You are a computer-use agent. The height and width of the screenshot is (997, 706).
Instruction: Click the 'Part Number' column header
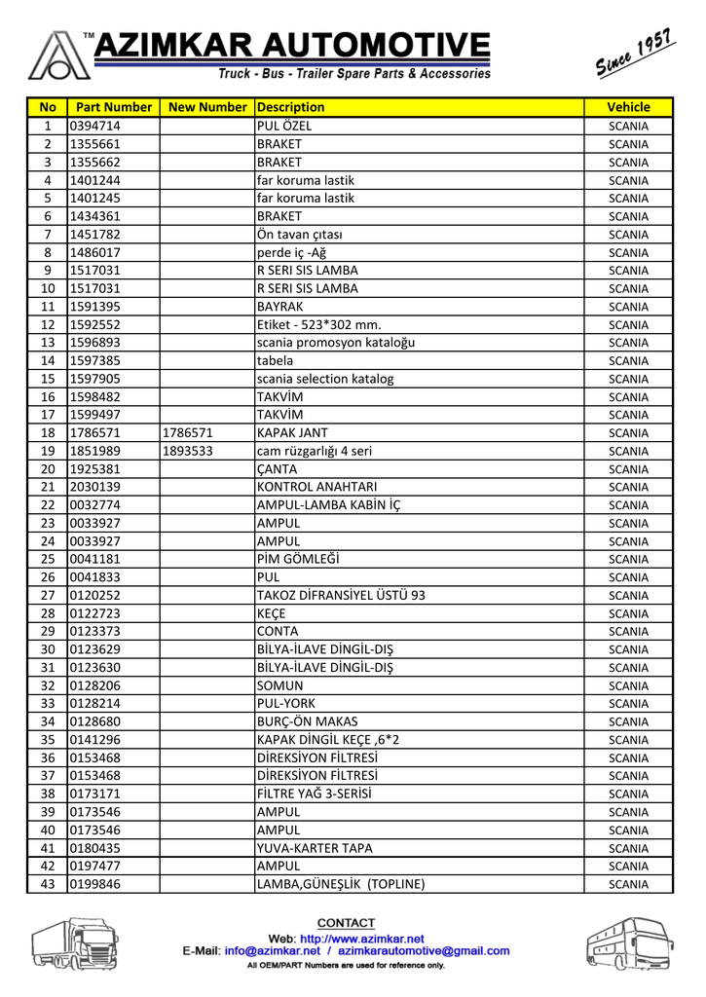113,107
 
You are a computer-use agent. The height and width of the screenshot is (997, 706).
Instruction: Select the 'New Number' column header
206,107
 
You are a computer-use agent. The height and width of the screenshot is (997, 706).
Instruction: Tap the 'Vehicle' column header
627,107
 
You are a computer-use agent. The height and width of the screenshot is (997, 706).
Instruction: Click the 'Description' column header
291,107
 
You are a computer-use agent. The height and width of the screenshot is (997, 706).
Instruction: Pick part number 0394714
94,126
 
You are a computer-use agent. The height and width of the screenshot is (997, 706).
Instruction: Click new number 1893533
188,451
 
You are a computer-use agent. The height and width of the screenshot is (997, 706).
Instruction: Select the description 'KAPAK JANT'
292,432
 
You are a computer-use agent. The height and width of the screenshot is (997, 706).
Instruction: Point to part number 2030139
94,487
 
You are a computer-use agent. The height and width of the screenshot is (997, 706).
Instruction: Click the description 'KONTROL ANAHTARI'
316,487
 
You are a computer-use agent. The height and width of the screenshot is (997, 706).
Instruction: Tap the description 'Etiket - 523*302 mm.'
318,324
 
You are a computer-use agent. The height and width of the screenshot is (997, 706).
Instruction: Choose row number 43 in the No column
47,884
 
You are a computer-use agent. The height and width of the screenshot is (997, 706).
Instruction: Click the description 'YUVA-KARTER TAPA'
315,848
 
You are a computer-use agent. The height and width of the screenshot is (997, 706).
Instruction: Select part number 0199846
94,884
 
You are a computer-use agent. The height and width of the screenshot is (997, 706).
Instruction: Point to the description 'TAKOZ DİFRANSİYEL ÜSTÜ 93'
341,595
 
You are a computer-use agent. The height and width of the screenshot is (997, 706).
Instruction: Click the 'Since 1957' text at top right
633,56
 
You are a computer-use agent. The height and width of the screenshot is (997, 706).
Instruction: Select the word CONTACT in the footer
346,923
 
